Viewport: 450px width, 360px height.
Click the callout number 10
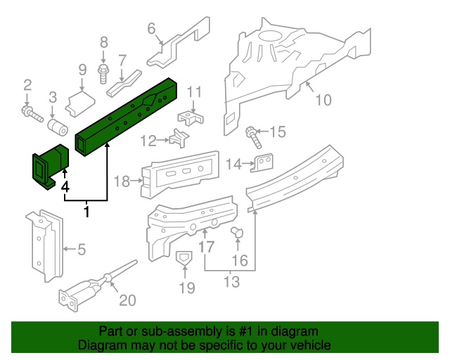point(322,100)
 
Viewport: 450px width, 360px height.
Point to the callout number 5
point(81,248)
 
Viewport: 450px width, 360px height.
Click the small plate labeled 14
point(262,162)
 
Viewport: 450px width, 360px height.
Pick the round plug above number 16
point(237,232)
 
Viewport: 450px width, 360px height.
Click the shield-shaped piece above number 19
point(184,259)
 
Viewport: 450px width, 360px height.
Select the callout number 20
point(127,300)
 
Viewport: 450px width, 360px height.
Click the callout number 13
point(231,282)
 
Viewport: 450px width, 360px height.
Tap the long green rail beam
point(127,115)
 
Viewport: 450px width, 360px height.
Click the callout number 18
point(122,181)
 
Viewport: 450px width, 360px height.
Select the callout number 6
point(151,28)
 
